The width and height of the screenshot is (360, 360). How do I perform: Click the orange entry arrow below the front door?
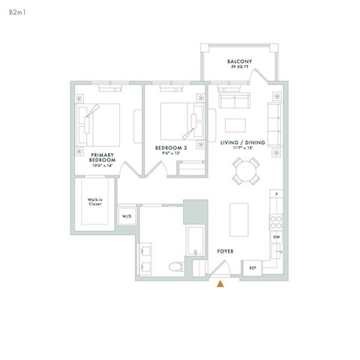click(220, 283)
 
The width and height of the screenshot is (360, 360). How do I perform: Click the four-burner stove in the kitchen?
click(276, 221)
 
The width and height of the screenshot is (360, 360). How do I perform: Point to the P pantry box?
click(276, 194)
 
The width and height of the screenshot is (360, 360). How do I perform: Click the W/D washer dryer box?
click(127, 217)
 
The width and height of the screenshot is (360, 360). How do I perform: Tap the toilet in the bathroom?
click(175, 265)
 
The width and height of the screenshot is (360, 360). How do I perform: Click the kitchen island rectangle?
click(238, 218)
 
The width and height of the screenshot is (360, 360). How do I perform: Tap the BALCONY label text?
click(239, 61)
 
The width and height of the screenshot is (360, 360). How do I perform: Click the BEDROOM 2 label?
click(169, 148)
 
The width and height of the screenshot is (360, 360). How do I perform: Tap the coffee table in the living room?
click(237, 124)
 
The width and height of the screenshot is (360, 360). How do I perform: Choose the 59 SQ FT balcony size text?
click(239, 68)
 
